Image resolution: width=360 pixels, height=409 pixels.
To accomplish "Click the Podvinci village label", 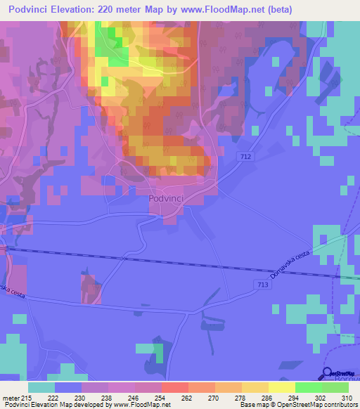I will [x=166, y=199].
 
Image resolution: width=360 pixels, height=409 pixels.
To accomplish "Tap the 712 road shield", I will [x=245, y=156].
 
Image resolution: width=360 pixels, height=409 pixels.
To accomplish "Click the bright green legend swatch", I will [x=309, y=387].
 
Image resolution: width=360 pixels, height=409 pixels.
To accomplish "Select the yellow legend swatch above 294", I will [x=282, y=387].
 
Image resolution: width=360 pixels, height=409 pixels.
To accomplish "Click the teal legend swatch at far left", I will [x=41, y=387].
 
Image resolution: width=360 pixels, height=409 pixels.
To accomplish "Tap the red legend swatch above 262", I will [x=175, y=387].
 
